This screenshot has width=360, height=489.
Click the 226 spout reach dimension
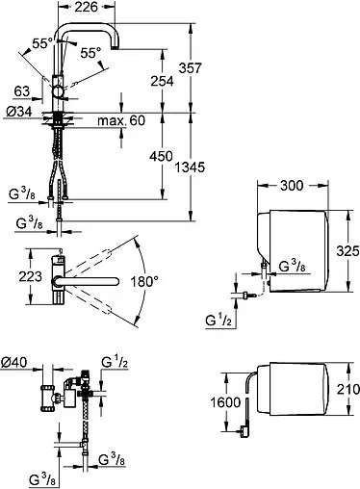pos(86,7)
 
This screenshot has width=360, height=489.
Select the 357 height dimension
pos(190,68)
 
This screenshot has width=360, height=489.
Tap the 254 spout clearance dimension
pos(162,81)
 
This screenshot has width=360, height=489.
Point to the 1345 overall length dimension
pos(190,167)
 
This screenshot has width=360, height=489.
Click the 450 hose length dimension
pos(161,156)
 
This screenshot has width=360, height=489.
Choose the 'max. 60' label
pos(121,120)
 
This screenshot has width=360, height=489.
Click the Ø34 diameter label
pos(19,112)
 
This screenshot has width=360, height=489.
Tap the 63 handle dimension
pos(22,91)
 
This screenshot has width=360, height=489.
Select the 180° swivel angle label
pos(144,282)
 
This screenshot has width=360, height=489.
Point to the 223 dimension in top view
pos(30,276)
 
